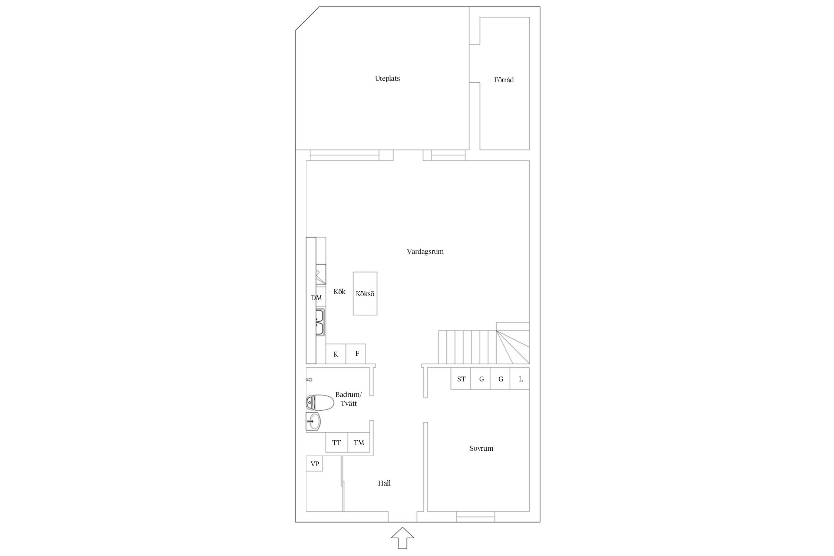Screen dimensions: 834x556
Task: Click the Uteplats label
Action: [x=387, y=79]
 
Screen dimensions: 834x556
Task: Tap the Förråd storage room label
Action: [x=504, y=80]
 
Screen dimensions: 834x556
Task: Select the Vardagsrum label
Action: [x=425, y=252]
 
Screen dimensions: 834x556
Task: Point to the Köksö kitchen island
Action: [x=365, y=294]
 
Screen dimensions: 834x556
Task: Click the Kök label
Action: [x=340, y=292]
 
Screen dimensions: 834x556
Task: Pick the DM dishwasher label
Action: [x=317, y=298]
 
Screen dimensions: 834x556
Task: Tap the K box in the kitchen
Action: [x=336, y=354]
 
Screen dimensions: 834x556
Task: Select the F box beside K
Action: [x=356, y=354]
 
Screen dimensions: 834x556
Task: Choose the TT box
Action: [x=337, y=443]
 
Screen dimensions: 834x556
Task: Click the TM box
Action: [x=359, y=443]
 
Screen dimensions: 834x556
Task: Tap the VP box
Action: [x=314, y=464]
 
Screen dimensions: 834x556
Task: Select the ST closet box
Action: [x=461, y=379]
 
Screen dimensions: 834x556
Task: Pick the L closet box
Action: [x=520, y=379]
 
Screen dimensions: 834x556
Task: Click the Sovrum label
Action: [x=481, y=449]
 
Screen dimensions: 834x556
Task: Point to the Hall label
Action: [x=384, y=483]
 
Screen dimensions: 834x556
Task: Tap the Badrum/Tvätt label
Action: [x=348, y=399]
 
